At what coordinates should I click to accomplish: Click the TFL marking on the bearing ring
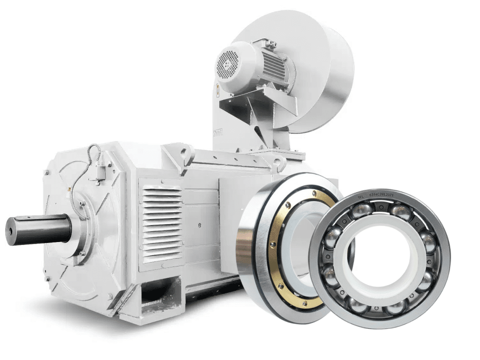[361, 196]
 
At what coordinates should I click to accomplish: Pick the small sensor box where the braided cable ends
[99, 174]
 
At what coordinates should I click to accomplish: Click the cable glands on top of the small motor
[271, 45]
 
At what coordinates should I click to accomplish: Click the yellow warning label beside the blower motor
[217, 90]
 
